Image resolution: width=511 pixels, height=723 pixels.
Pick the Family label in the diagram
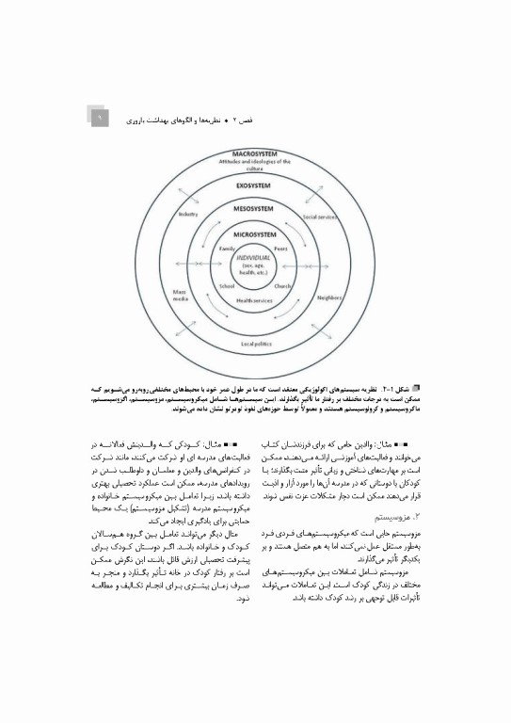click(227, 248)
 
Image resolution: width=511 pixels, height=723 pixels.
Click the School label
click(227, 285)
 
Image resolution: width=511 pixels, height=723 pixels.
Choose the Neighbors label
click(328, 297)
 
